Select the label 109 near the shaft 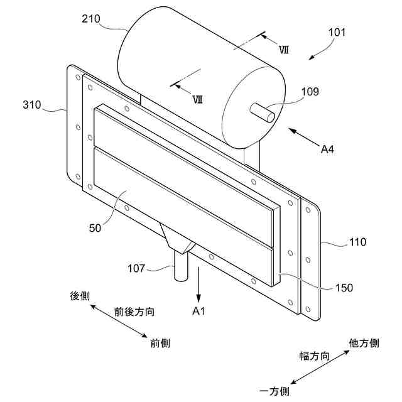[310, 92]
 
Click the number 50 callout [95, 228]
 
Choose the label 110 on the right [358, 242]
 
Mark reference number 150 [344, 288]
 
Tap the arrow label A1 [199, 311]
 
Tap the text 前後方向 [134, 312]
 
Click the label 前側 [160, 343]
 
